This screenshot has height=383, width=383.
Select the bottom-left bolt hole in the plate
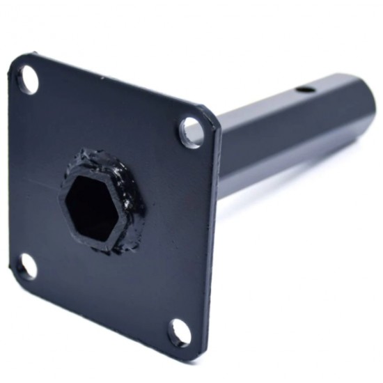point(27,266)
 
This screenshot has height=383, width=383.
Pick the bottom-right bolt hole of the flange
point(179,332)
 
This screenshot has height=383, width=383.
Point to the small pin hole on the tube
point(302,90)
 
